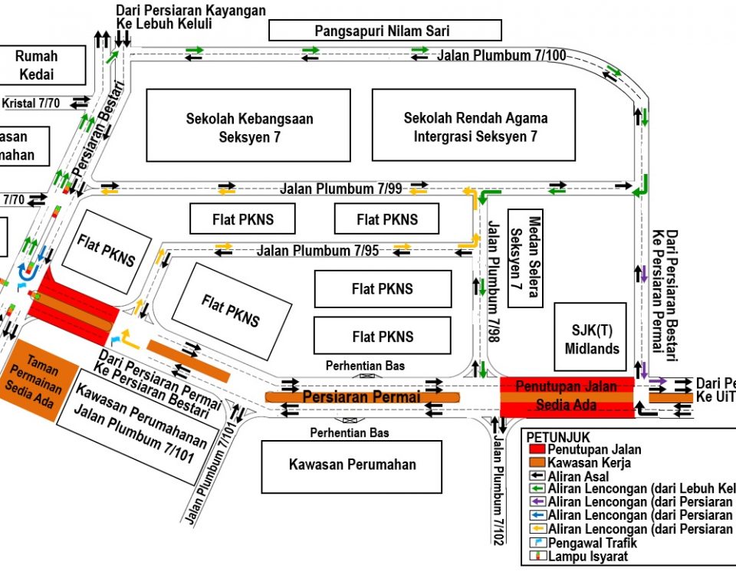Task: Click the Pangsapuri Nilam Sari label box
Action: point(385,31)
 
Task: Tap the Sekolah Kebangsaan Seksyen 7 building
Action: point(248,126)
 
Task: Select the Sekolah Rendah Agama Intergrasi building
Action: point(474,126)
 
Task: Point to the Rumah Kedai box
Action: point(37,64)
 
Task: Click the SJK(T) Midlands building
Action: point(590,338)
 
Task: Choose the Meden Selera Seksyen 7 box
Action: point(525,258)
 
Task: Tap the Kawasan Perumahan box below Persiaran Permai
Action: point(352,465)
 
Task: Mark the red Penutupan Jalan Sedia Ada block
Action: point(567,396)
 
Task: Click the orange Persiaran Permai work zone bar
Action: point(361,397)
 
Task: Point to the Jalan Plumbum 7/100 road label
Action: point(501,55)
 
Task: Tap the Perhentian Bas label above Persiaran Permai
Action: point(364,366)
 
